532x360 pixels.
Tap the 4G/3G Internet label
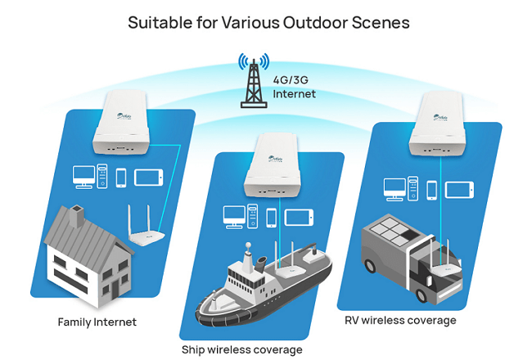click(295, 88)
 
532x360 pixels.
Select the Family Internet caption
click(97, 322)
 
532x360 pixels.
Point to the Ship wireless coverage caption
click(241, 349)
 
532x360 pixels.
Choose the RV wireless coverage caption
click(400, 320)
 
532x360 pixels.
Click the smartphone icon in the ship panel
click(272, 217)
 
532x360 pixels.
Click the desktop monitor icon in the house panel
click(83, 176)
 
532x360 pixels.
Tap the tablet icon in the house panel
click(148, 177)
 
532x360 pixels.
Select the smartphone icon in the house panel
click(121, 177)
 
